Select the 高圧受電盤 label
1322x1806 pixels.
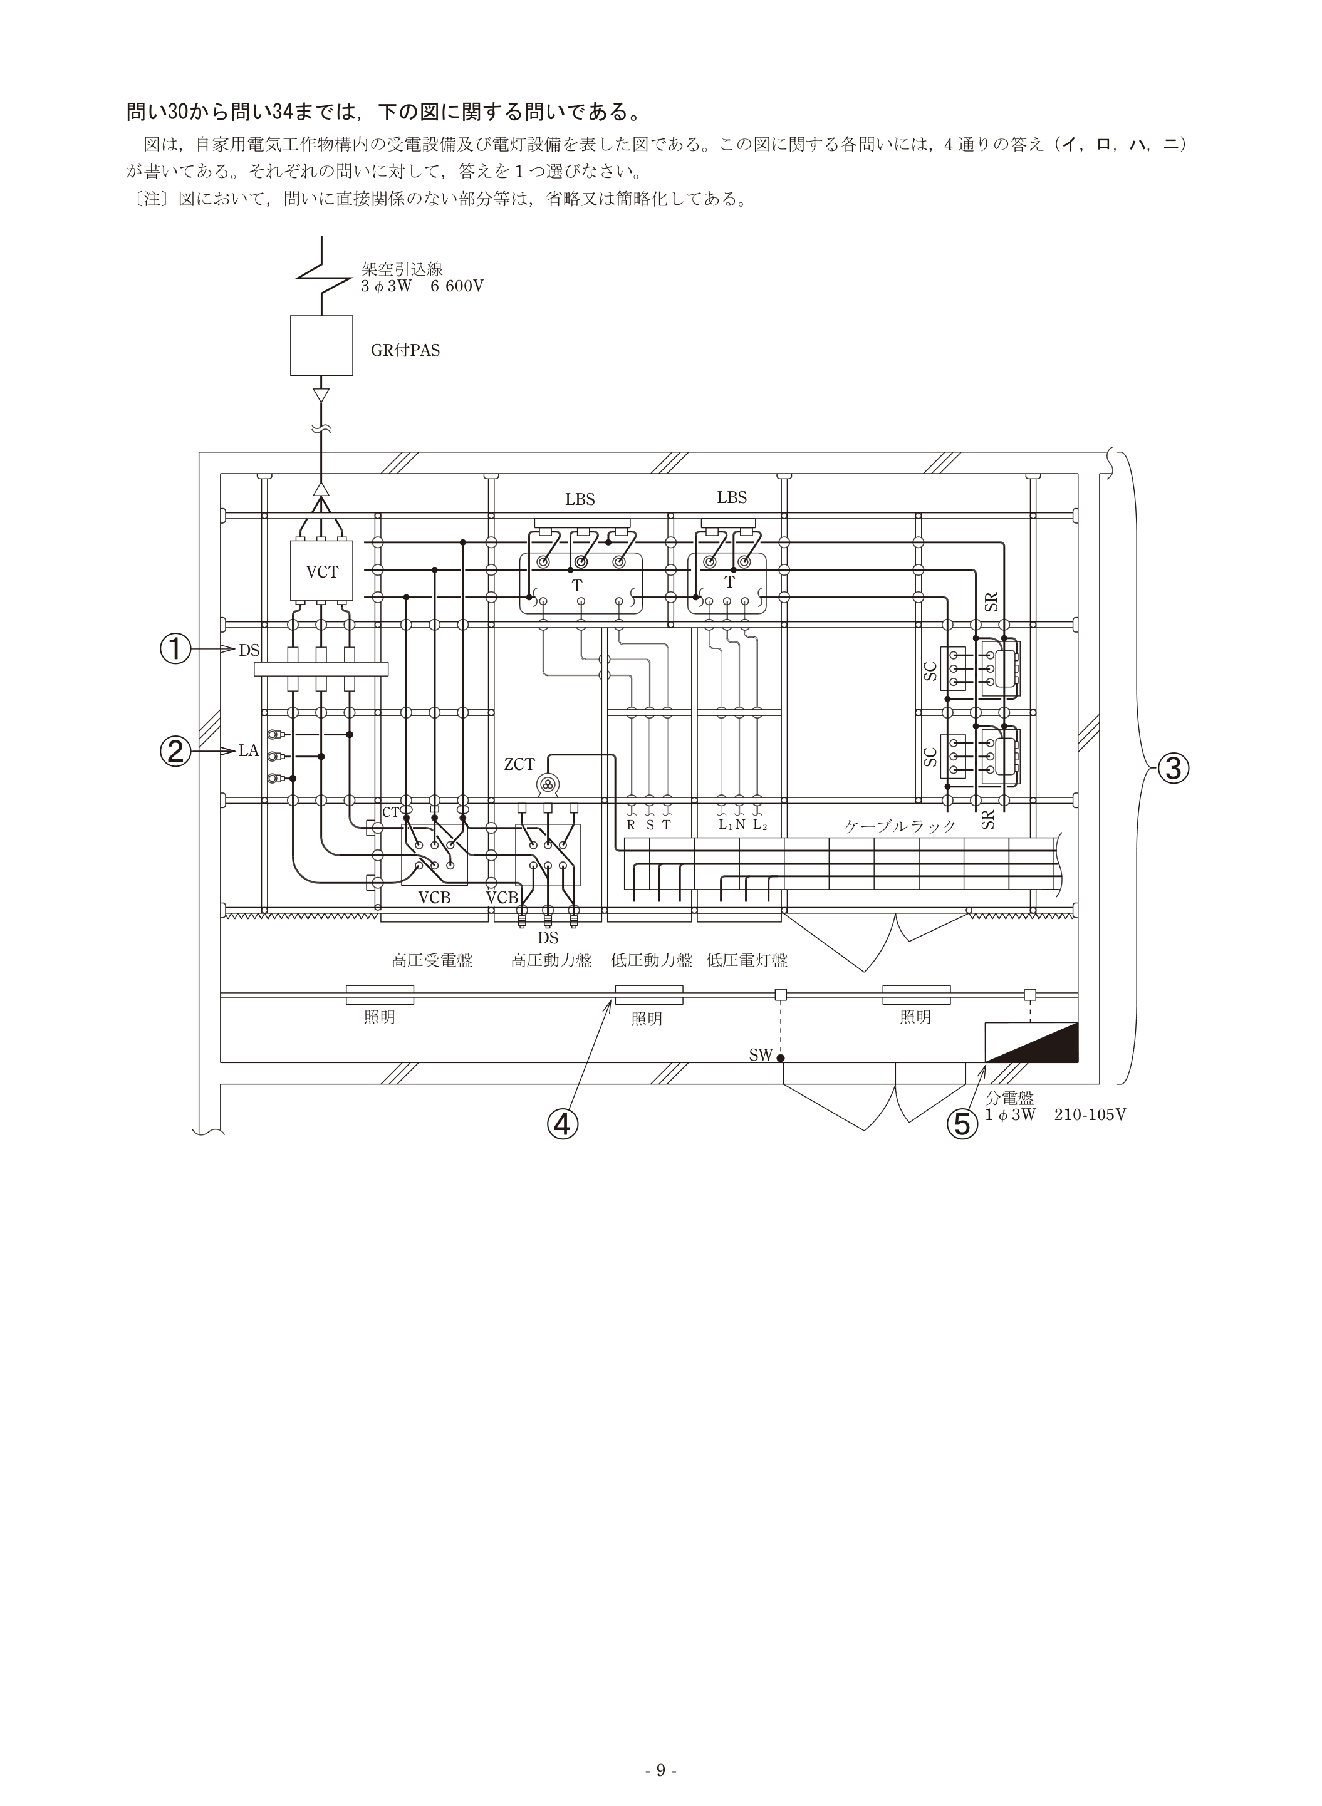432,960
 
